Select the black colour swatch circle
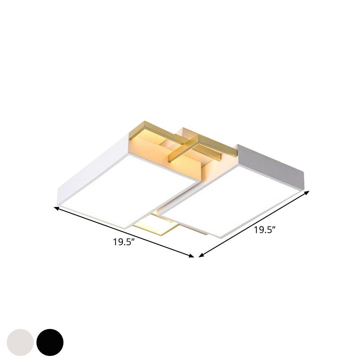pos(50,342)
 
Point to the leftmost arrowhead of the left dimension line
pos(56,208)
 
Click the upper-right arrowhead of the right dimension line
pos(308,192)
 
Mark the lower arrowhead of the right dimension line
pos(200,255)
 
